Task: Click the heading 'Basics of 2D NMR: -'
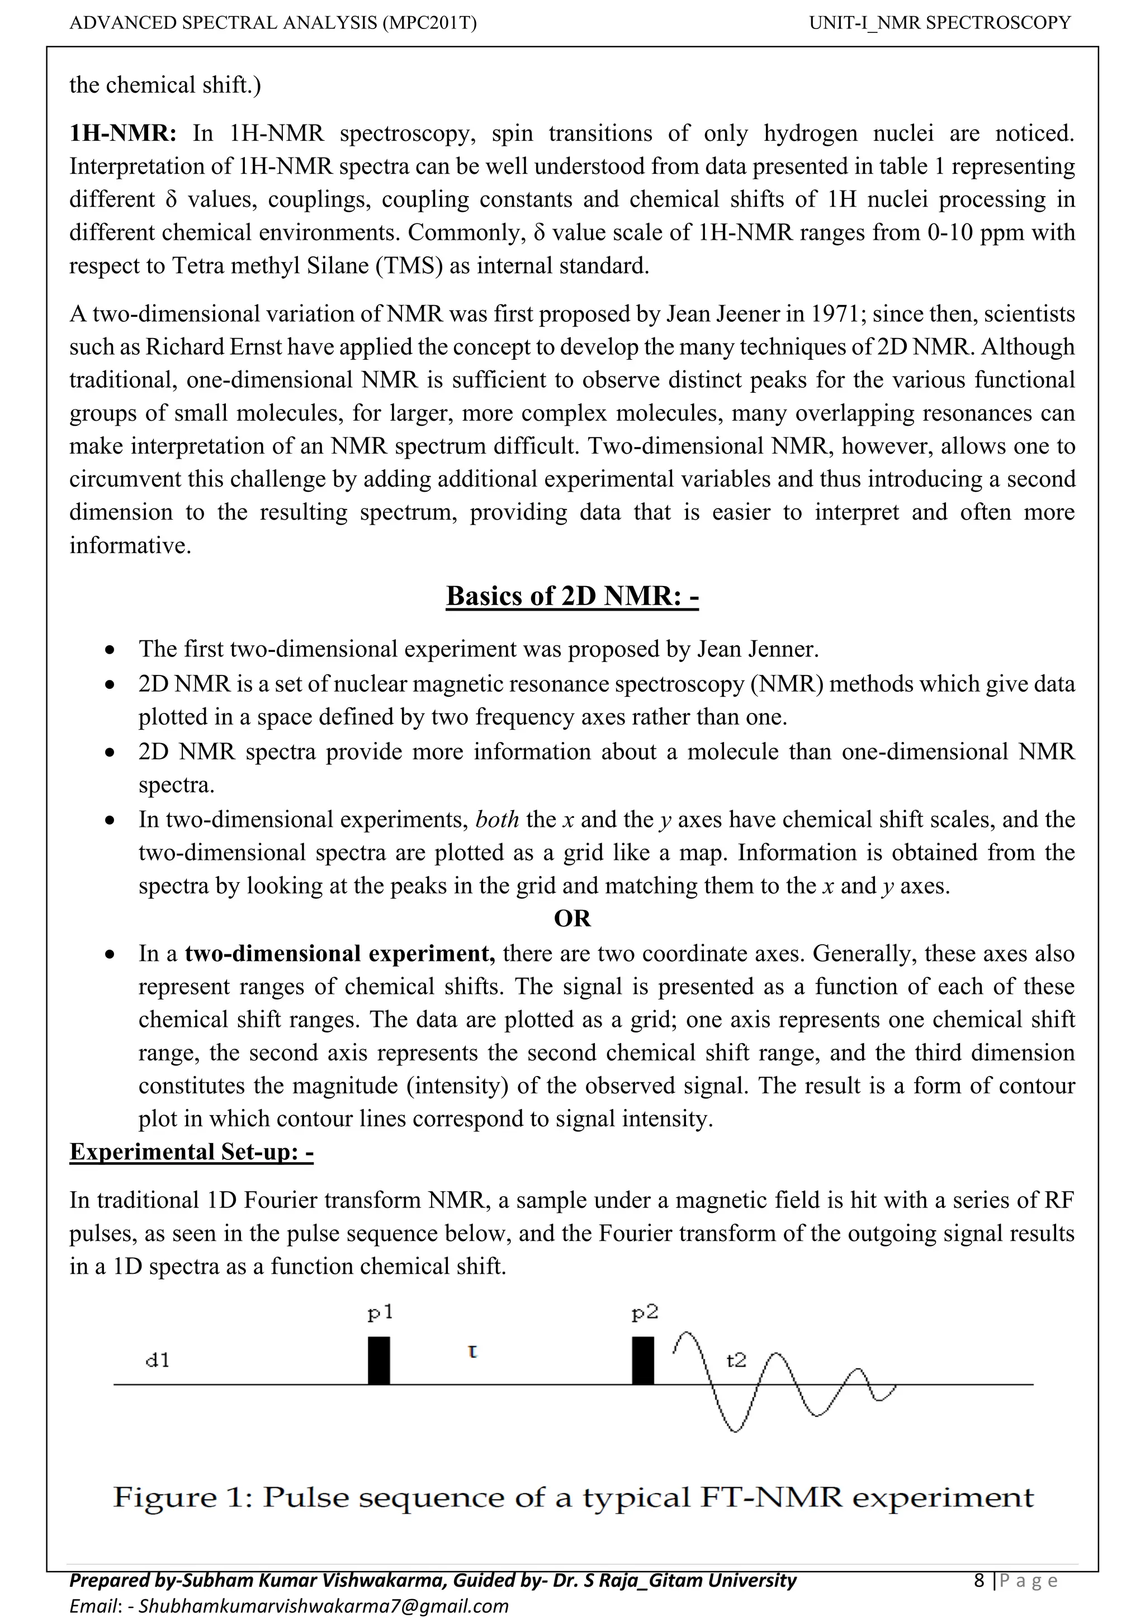572,596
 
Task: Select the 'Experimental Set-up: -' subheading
191,1151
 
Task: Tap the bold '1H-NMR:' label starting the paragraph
124,133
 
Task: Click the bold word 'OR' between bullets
572,919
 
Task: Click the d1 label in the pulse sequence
157,1360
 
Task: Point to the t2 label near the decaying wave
736,1359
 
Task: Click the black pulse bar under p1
379,1360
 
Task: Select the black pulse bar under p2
642,1360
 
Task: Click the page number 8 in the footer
978,1581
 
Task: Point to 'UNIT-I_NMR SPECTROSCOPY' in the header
940,23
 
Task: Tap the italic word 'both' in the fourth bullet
497,820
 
